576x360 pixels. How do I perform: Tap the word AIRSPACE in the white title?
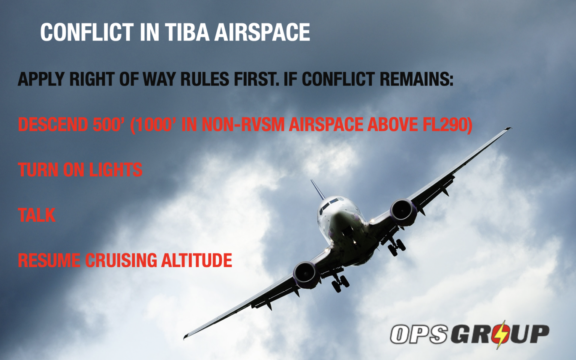[x=262, y=32]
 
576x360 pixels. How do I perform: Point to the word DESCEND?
[x=53, y=124]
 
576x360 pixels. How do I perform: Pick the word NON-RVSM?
[x=243, y=124]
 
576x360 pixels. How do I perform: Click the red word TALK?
[x=37, y=215]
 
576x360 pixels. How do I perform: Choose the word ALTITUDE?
[x=196, y=261]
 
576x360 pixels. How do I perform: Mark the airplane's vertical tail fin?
[x=317, y=189]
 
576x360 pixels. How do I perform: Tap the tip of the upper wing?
[x=508, y=129]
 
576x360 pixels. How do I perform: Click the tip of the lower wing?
[x=186, y=336]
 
